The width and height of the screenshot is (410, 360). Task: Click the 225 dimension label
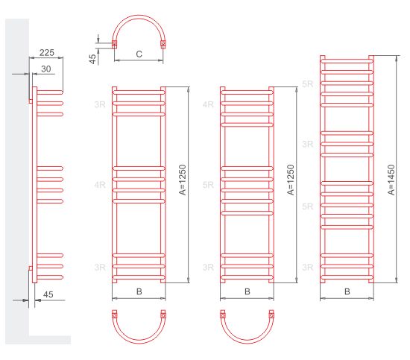(x=47, y=53)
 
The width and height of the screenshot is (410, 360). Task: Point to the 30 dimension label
(x=45, y=69)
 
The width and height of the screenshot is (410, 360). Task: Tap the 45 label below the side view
(x=48, y=294)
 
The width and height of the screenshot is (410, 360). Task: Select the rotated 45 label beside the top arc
(x=93, y=59)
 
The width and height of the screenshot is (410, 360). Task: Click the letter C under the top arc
(x=139, y=54)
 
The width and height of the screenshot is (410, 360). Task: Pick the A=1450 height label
(x=391, y=180)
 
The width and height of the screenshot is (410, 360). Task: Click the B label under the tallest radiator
(x=347, y=291)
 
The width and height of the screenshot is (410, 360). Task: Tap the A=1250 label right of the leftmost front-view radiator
(x=183, y=180)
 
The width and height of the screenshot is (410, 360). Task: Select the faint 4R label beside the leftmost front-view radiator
(x=100, y=185)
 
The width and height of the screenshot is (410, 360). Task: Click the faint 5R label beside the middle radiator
(x=208, y=185)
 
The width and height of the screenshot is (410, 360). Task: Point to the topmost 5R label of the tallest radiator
(x=307, y=84)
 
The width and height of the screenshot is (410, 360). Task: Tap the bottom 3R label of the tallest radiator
(x=307, y=267)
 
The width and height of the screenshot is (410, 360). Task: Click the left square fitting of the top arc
(x=115, y=44)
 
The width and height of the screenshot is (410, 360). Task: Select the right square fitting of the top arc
(x=163, y=44)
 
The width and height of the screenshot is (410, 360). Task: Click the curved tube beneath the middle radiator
(x=247, y=340)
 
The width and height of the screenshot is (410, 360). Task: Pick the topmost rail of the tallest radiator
(x=347, y=61)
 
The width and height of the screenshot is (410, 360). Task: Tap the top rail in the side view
(x=50, y=92)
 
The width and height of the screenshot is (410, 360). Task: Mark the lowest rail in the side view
(x=50, y=277)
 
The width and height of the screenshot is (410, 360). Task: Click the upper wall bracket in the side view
(x=31, y=101)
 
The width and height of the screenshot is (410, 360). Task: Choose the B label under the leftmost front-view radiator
(x=139, y=291)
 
